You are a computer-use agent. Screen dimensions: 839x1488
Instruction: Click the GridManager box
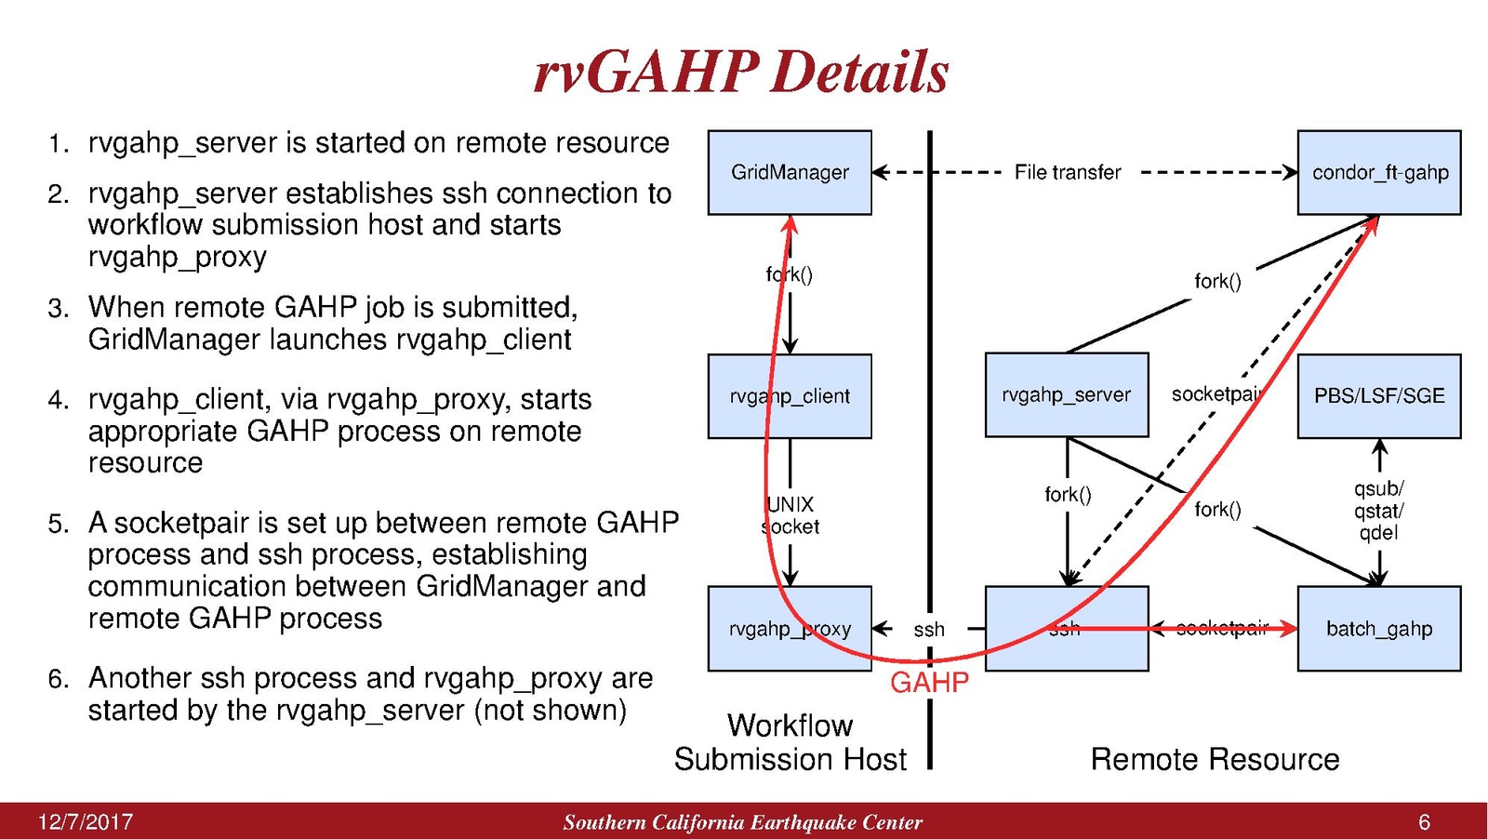tap(790, 172)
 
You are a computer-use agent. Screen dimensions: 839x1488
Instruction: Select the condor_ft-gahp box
tap(1379, 172)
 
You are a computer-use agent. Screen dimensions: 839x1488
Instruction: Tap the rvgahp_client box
tap(790, 395)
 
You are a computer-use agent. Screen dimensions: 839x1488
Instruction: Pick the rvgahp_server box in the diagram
tap(1067, 395)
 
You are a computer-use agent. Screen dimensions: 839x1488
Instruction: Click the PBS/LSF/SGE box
tap(1379, 395)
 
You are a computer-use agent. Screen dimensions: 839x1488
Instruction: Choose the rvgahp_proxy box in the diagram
tap(790, 629)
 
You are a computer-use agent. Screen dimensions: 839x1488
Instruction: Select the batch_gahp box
tap(1379, 629)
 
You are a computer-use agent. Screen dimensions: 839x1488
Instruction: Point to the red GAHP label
tap(929, 683)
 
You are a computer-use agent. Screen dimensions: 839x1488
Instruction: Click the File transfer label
tap(1068, 172)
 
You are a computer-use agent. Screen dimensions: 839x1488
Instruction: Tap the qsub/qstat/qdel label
tap(1379, 511)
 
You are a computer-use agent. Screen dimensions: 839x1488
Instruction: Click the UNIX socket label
tap(790, 515)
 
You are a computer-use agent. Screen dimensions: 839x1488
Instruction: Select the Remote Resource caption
tap(1215, 759)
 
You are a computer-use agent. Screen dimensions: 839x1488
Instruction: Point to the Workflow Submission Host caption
tap(790, 742)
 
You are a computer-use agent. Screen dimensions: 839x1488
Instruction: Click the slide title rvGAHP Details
tap(741, 72)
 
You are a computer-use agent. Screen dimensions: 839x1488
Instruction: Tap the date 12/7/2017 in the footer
tap(86, 822)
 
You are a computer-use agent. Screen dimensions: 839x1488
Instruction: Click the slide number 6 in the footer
tap(1424, 822)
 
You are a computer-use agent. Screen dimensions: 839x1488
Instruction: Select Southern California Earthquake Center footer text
tap(742, 822)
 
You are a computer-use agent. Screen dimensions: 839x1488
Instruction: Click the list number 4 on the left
tap(58, 400)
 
